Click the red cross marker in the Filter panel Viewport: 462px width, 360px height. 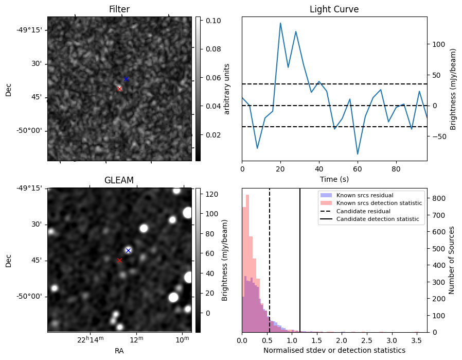click(x=120, y=89)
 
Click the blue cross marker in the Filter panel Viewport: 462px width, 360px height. click(x=126, y=79)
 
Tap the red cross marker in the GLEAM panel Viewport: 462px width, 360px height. click(x=120, y=260)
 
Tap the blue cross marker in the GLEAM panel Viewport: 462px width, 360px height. click(x=128, y=250)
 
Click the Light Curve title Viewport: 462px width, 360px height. click(x=334, y=9)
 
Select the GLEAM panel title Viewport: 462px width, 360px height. click(x=119, y=180)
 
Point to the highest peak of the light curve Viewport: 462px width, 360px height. click(x=280, y=23)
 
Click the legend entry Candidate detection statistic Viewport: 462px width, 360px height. click(x=377, y=219)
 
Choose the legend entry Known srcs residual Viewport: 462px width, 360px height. click(x=364, y=195)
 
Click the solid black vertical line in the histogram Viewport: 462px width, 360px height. click(x=300, y=268)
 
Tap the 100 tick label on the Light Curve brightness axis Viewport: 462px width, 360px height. click(x=437, y=44)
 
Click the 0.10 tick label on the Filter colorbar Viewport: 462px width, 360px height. click(x=214, y=21)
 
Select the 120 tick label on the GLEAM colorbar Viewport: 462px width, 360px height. click(x=211, y=194)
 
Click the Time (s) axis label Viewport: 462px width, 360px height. click(x=334, y=178)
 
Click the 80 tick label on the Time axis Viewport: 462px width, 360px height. click(x=396, y=168)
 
